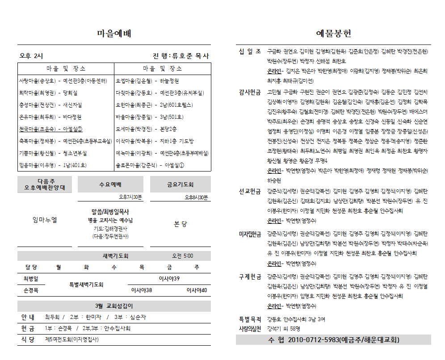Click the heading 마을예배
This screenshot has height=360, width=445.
point(114,33)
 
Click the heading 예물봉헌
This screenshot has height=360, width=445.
point(333,33)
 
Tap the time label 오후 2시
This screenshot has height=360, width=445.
point(31,56)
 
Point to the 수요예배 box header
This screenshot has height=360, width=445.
point(110,184)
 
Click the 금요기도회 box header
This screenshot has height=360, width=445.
point(180,184)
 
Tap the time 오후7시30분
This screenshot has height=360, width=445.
point(130,197)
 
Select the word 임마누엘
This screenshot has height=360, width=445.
point(45,220)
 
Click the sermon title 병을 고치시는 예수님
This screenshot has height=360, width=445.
point(110,220)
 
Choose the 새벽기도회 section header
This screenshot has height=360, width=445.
point(116,256)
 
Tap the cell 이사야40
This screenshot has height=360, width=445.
point(197,290)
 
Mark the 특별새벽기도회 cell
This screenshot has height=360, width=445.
point(86,285)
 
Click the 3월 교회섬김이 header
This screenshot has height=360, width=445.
point(114,306)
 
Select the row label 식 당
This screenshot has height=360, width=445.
point(28,340)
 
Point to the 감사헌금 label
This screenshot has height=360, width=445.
point(250,92)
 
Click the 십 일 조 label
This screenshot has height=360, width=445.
point(250,52)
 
